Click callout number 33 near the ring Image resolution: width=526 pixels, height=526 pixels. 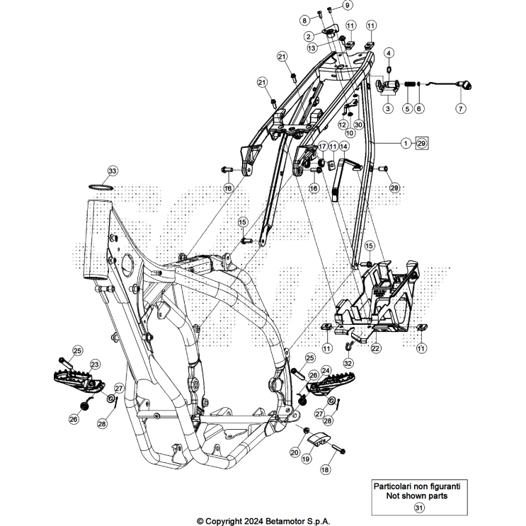[x=113, y=171]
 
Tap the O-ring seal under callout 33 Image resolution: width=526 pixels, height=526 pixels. [x=102, y=187]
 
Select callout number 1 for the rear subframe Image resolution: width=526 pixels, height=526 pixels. [x=406, y=143]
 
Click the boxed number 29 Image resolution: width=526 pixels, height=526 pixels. [x=421, y=143]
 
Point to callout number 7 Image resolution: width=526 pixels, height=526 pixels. [x=460, y=109]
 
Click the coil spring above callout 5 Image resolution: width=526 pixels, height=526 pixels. [x=408, y=86]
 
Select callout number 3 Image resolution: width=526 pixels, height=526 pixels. [x=388, y=109]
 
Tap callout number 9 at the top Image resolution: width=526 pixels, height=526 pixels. [x=348, y=6]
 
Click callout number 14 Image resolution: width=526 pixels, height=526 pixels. [x=343, y=146]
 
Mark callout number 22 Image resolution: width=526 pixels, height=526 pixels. [x=376, y=348]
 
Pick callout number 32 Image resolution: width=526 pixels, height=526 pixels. [x=348, y=363]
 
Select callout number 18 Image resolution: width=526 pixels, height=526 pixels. [x=326, y=469]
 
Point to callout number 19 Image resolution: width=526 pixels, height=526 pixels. [x=307, y=458]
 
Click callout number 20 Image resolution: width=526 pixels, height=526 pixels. [x=295, y=451]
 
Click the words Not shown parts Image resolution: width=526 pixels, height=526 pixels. [x=417, y=496]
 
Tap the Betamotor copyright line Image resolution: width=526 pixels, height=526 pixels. [x=263, y=521]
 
